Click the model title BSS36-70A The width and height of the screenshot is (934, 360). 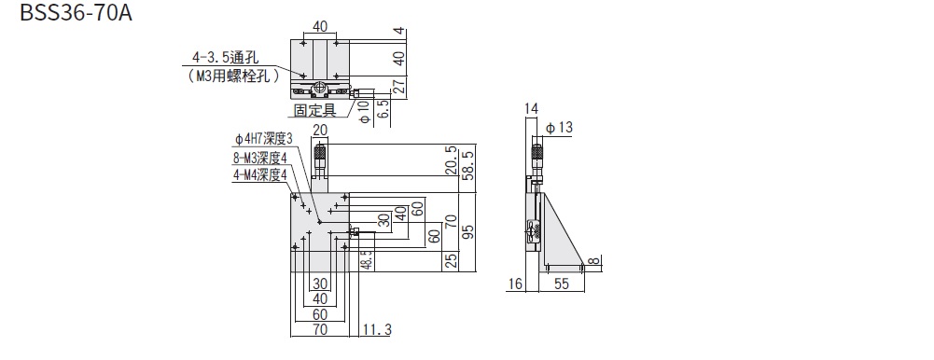point(76,12)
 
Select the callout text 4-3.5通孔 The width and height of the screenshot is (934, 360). point(225,59)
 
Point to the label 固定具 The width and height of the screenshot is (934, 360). point(315,110)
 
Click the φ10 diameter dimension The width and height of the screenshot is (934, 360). point(365,111)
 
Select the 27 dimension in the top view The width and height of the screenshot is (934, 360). point(399,87)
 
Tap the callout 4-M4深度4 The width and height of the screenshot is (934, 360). point(260,174)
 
